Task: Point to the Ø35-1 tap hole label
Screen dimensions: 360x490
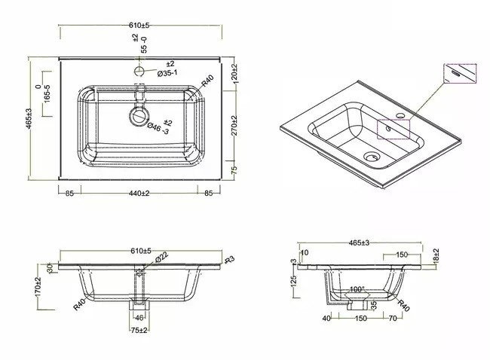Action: click(x=167, y=73)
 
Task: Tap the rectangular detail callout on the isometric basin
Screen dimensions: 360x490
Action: click(x=393, y=129)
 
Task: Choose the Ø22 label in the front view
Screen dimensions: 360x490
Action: click(x=161, y=258)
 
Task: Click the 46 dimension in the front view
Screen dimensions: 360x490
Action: click(x=139, y=318)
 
